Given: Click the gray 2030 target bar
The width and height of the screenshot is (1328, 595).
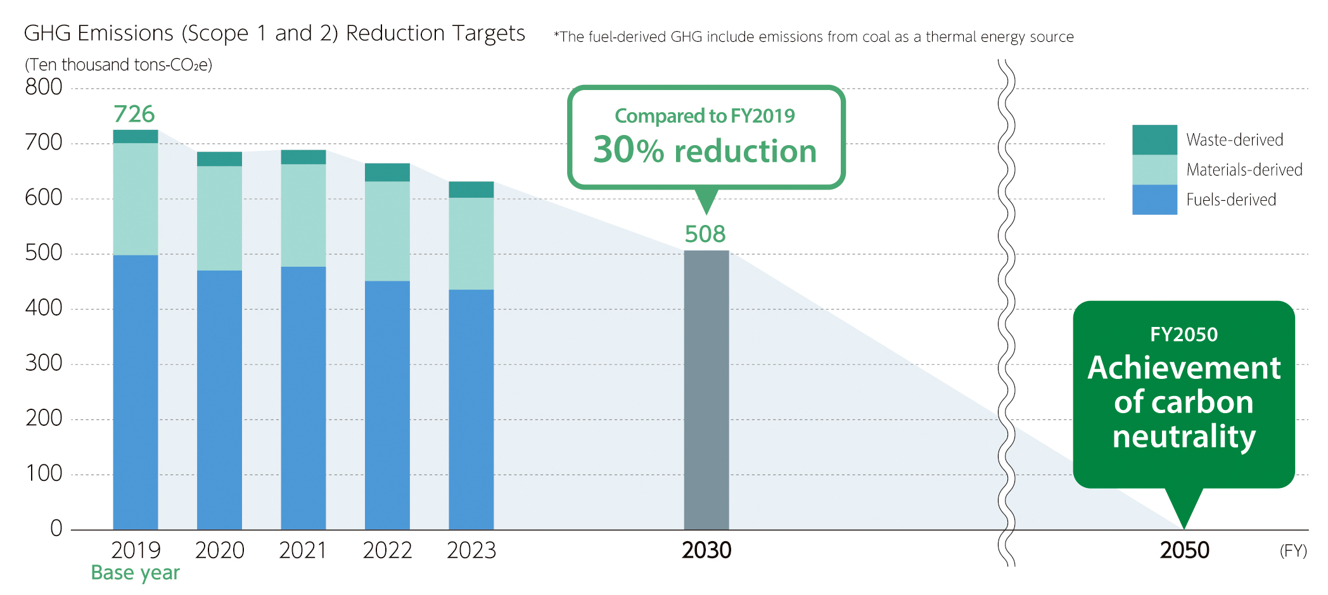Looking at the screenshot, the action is click(x=706, y=390).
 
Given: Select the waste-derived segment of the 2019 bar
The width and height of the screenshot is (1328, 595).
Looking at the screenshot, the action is click(x=136, y=136).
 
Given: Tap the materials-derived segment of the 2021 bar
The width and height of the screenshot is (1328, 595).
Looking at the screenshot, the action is click(x=303, y=215).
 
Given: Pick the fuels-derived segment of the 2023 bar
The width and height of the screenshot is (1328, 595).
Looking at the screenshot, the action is click(x=471, y=409).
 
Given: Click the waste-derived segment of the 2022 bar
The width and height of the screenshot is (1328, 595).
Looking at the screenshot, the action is click(x=387, y=172).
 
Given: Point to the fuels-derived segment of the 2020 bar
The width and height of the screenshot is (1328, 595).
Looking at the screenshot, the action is click(x=219, y=400).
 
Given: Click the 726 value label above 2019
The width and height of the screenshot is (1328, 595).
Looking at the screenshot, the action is click(x=134, y=114).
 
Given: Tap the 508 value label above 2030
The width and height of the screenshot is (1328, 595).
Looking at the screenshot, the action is click(x=705, y=234).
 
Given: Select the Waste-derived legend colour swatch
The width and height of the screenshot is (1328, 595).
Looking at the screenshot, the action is click(x=1154, y=139).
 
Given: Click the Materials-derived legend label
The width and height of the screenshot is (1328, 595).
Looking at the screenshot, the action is click(x=1244, y=170).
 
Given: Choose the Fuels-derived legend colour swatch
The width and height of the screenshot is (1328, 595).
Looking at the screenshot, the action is click(x=1154, y=200).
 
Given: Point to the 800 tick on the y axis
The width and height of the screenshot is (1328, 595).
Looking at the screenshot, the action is click(x=44, y=87).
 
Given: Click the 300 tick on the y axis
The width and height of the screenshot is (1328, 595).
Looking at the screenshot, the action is click(x=44, y=363).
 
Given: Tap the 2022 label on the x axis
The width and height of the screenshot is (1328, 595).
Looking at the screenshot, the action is click(x=387, y=550).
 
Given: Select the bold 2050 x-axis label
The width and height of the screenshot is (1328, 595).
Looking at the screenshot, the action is click(x=1185, y=550).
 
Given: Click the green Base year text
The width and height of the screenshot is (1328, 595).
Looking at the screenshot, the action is click(x=135, y=573).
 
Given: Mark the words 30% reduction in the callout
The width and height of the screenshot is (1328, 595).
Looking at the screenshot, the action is click(x=705, y=151).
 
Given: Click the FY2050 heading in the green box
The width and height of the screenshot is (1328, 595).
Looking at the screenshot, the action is click(x=1184, y=334).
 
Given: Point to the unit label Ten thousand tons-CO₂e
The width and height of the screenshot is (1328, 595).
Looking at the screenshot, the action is click(x=118, y=65).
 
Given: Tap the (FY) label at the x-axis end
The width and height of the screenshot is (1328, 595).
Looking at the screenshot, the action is click(x=1293, y=551).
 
